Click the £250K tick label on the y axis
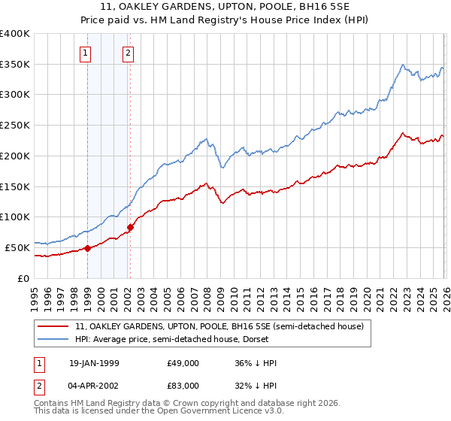click(x=15, y=126)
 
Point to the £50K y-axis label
click(x=17, y=247)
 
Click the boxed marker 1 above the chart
click(x=86, y=53)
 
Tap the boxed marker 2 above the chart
click(x=129, y=53)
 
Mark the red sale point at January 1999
click(x=87, y=248)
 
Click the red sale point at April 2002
click(x=130, y=227)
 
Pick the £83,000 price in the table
click(x=183, y=386)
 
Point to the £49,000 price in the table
click(x=183, y=363)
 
